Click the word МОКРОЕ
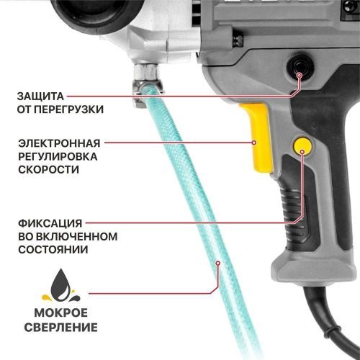coord(63,315)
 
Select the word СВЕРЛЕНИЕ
coord(63,329)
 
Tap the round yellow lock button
coord(302,146)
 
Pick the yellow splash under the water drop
coord(63,296)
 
